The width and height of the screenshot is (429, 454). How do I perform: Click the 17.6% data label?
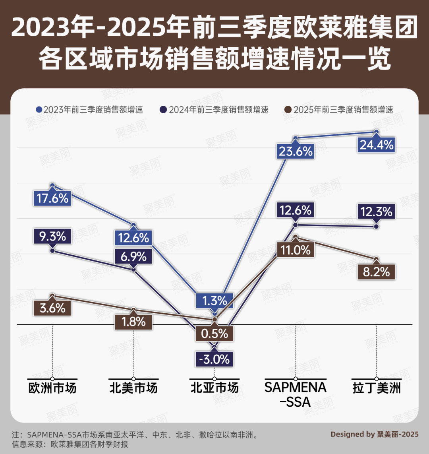[52, 198]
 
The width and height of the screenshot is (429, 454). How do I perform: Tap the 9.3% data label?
[52, 237]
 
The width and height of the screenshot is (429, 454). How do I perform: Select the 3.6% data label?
[52, 308]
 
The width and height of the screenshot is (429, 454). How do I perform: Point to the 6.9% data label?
[133, 256]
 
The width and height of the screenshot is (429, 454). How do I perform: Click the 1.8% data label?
[133, 321]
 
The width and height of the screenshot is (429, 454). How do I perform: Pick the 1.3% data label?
[214, 300]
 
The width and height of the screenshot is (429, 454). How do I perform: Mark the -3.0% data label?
[214, 359]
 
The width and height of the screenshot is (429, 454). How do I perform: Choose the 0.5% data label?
[214, 333]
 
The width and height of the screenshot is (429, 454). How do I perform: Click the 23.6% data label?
[296, 151]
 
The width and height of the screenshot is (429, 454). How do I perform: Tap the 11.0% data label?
[296, 250]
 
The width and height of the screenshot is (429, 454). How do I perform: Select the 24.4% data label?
[376, 145]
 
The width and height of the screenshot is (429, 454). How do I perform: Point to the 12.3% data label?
[376, 211]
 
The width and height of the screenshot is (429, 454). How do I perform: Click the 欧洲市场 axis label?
[52, 388]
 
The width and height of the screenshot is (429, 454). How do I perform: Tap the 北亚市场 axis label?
[214, 388]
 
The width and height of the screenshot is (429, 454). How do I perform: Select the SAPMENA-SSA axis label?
[296, 394]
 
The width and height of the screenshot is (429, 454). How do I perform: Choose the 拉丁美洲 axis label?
[376, 388]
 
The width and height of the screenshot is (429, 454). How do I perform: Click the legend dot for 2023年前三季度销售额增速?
[39, 110]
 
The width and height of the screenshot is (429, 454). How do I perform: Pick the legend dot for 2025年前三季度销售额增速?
[289, 110]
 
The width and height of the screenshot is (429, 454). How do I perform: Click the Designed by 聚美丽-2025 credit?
[375, 435]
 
